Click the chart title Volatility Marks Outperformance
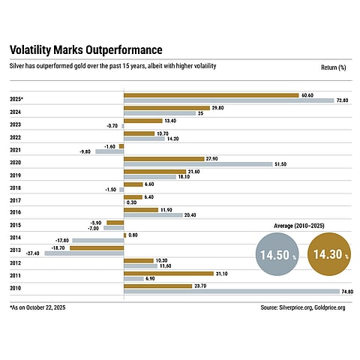(x=85, y=50)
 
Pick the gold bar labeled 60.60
(x=211, y=95)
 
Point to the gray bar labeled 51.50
(x=197, y=163)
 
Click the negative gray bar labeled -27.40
(x=84, y=253)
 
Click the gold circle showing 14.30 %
(x=328, y=255)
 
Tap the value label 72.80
(x=343, y=100)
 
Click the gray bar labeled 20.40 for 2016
(x=153, y=214)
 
